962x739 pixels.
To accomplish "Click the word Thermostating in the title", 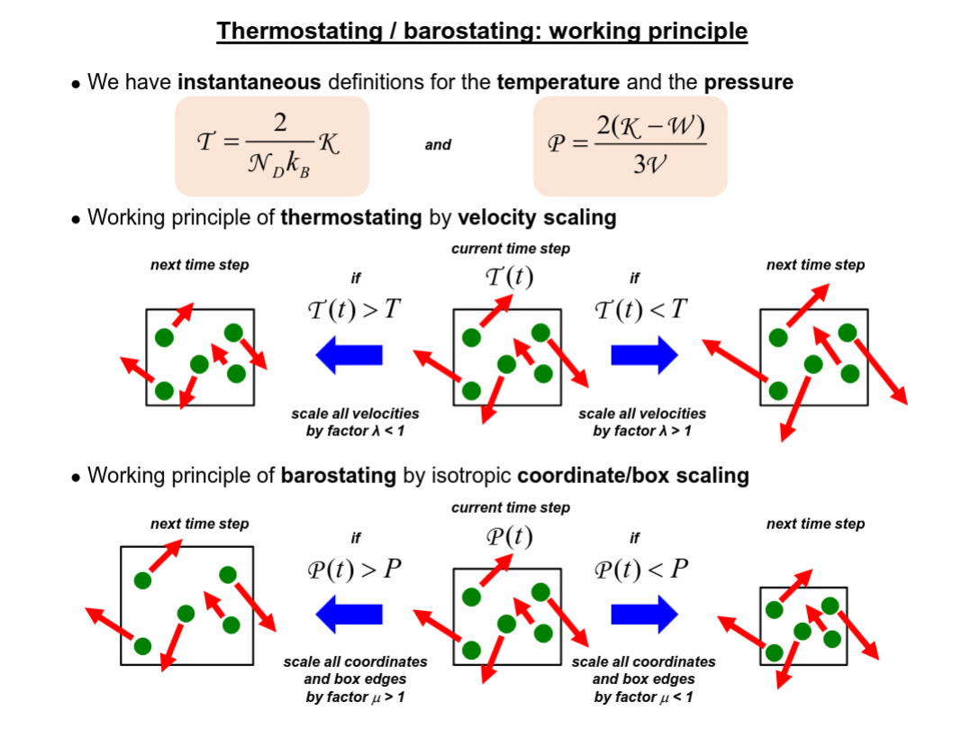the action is click(x=299, y=31).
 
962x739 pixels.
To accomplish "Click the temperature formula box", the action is click(x=272, y=146).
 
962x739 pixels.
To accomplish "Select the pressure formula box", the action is click(x=631, y=146).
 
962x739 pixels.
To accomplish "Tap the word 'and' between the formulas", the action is click(x=438, y=145).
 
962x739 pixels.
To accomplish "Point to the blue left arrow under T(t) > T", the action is click(x=349, y=355).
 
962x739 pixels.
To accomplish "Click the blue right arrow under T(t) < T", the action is click(x=644, y=355).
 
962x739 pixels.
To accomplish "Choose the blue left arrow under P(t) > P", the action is click(x=349, y=614).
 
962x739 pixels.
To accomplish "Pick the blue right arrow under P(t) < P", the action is click(x=644, y=614).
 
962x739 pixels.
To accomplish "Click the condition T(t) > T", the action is click(x=354, y=309).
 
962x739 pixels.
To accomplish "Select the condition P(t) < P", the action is click(x=641, y=570).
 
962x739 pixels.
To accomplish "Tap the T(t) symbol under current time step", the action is click(x=509, y=277).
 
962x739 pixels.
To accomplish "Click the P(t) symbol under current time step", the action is click(x=509, y=536).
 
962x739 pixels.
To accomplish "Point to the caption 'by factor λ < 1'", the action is click(x=355, y=431).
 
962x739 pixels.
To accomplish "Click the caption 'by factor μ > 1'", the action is click(x=355, y=698).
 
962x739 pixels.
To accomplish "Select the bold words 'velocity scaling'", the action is click(x=537, y=217).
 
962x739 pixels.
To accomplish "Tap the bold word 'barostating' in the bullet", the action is click(x=339, y=476).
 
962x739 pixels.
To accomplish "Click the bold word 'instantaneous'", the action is click(x=250, y=82).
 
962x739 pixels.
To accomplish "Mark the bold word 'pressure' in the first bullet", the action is click(x=749, y=82).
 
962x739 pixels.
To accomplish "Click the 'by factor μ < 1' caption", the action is click(x=643, y=698).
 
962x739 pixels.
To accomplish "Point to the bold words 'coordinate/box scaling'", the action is click(x=633, y=476).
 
